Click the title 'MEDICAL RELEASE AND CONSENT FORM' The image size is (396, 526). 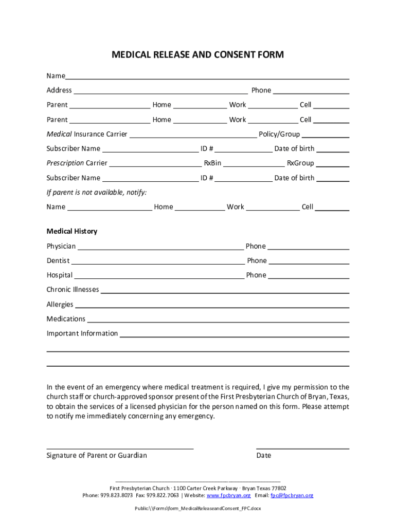(x=198, y=54)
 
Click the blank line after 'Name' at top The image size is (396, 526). (x=207, y=77)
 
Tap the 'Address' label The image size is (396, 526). (x=59, y=90)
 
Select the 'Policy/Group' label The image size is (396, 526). (x=279, y=134)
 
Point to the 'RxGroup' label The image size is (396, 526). (x=300, y=163)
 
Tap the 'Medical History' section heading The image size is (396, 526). (x=72, y=232)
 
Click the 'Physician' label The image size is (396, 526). (x=61, y=246)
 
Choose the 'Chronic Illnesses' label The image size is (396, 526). (x=73, y=290)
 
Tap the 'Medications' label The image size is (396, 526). (x=66, y=319)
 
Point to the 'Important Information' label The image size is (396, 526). (x=82, y=333)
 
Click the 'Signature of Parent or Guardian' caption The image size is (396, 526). (x=97, y=456)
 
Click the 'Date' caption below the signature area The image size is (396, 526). (x=263, y=456)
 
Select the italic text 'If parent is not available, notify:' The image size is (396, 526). (x=97, y=192)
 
